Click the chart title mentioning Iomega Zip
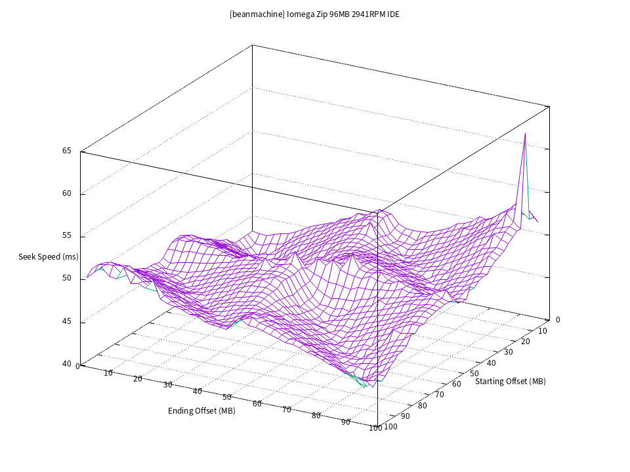coord(314,14)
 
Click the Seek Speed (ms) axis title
coord(49,256)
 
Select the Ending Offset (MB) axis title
coord(201,411)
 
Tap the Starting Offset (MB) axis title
coord(511,381)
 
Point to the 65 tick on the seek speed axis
coord(67,151)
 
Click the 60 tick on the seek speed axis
coord(67,193)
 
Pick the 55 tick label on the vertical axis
coord(67,236)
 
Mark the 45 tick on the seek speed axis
coord(67,321)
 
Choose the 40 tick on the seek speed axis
coord(67,364)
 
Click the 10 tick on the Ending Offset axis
coord(108,372)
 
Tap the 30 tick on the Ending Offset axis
coord(167,384)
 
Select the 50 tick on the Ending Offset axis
coord(227,397)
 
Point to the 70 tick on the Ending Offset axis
coord(287,409)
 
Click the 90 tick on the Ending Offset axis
coord(346,422)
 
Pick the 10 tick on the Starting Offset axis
coord(542,332)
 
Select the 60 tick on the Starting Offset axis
coord(456,383)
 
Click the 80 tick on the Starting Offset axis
coord(422,405)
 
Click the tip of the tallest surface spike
coord(525,133)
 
